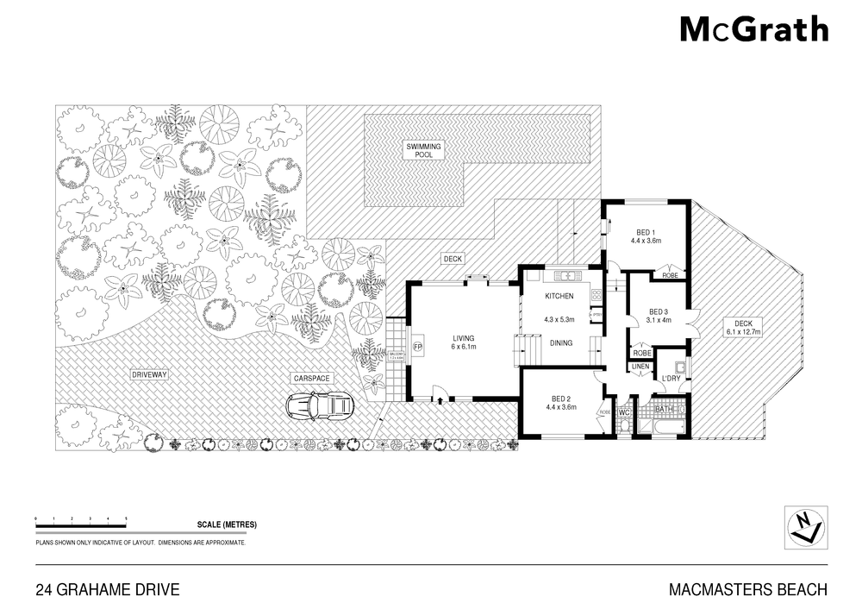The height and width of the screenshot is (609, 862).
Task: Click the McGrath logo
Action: (x=754, y=30)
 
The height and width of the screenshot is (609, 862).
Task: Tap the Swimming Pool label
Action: (x=423, y=151)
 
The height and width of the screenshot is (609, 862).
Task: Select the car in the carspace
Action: (x=320, y=405)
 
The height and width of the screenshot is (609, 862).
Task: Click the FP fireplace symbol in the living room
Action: (x=418, y=347)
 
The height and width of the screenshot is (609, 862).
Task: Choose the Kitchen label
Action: (x=559, y=297)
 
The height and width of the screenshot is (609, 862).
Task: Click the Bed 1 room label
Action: (x=644, y=236)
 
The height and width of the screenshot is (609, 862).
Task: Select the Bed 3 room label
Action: (x=659, y=316)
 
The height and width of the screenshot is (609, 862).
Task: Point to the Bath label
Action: (x=664, y=409)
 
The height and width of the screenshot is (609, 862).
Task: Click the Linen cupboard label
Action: (x=640, y=367)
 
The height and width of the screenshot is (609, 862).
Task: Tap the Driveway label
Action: (x=149, y=375)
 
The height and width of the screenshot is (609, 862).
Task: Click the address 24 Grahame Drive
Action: (x=107, y=590)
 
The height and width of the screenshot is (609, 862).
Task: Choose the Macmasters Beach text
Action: (x=747, y=590)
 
